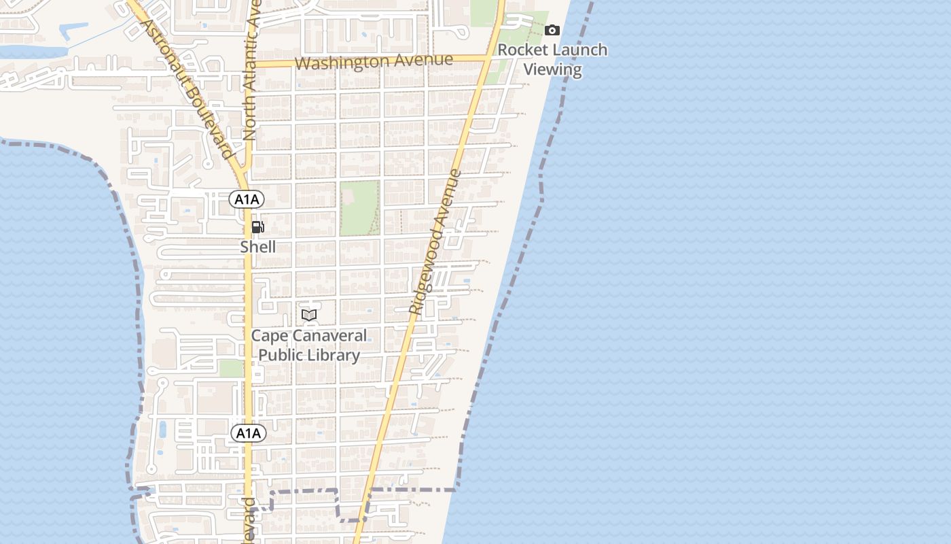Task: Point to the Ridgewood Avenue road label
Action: point(435,241)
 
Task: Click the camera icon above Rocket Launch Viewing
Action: point(552,30)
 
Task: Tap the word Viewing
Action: point(553,69)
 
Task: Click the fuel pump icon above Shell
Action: point(257,227)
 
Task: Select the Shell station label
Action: point(258,247)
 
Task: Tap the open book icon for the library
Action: point(309,315)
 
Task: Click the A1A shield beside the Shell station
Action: point(247,199)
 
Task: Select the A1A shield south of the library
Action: point(248,433)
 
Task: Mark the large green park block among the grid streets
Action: point(359,207)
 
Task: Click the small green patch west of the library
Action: point(232,368)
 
